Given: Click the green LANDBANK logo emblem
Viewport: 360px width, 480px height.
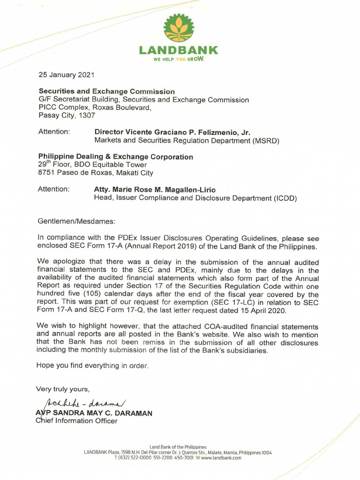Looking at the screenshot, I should pyautogui.click(x=179, y=29).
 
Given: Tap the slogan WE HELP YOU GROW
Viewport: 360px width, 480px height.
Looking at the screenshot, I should pyautogui.click(x=179, y=60).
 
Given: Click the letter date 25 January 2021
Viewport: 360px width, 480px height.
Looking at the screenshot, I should pyautogui.click(x=67, y=75).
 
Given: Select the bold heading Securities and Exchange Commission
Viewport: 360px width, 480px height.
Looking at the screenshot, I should pyautogui.click(x=106, y=91).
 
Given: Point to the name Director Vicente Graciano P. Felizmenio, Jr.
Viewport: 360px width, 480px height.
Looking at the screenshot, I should pyautogui.click(x=172, y=132).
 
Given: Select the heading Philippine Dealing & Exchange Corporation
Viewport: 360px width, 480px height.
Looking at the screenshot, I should pyautogui.click(x=115, y=157).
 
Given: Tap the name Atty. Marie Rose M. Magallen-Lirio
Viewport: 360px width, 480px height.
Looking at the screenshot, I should pyautogui.click(x=155, y=190).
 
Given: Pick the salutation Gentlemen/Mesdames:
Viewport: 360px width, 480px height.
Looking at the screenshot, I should pyautogui.click(x=76, y=221).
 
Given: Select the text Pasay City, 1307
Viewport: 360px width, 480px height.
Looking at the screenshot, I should pyautogui.click(x=67, y=115).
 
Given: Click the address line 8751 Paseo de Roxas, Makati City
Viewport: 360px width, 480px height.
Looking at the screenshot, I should pyautogui.click(x=95, y=173).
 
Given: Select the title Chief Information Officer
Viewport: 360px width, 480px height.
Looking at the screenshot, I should pyautogui.click(x=76, y=421).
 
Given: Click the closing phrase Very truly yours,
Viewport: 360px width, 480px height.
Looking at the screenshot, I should pyautogui.click(x=63, y=389).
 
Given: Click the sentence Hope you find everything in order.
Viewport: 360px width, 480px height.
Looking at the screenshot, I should pyautogui.click(x=92, y=366).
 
